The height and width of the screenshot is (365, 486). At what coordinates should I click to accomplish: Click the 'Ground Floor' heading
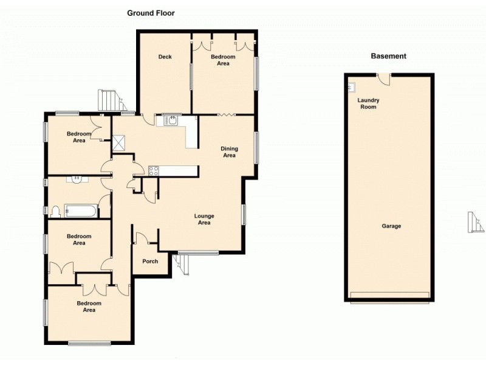coord(151,13)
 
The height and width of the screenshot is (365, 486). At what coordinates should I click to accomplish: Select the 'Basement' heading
coord(388,57)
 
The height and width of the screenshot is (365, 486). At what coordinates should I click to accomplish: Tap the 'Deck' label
coord(165,57)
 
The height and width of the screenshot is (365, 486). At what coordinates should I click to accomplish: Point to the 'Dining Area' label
coord(228,152)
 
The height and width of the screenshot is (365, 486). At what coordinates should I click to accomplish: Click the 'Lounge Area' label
coord(204,219)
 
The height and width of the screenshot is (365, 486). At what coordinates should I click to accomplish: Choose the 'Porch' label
coord(150,262)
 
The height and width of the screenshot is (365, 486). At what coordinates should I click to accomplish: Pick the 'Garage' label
coord(391,226)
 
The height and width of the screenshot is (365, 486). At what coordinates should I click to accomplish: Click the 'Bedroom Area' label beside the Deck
coord(224,60)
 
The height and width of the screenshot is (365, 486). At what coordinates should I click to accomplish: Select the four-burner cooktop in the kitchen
coord(152,171)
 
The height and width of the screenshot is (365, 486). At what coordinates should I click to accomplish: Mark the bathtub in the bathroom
coord(81,212)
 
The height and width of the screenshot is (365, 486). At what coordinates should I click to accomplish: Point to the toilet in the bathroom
coord(56,211)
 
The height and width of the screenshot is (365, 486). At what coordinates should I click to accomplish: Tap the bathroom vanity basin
coord(77,179)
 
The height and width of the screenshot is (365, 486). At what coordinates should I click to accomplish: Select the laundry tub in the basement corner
coord(351,87)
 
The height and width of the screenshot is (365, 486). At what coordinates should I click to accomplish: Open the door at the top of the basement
coord(382,78)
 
